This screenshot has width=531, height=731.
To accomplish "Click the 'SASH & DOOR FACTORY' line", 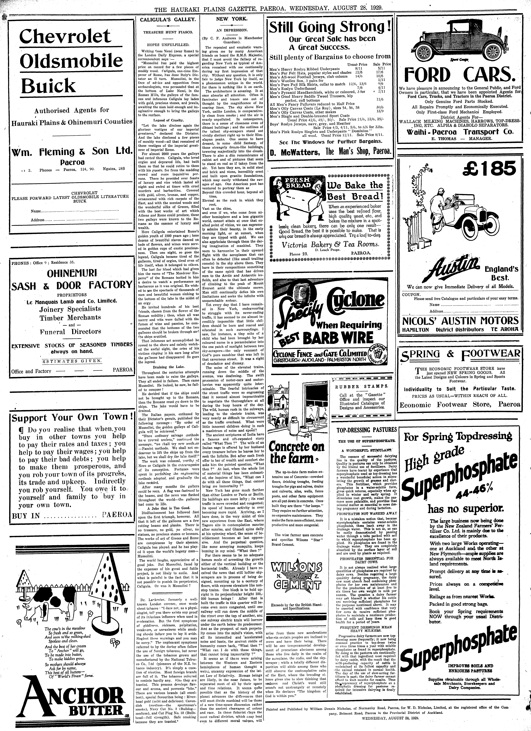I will tap(72, 285).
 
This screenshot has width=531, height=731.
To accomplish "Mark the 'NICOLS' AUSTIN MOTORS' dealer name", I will tap(460, 321).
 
